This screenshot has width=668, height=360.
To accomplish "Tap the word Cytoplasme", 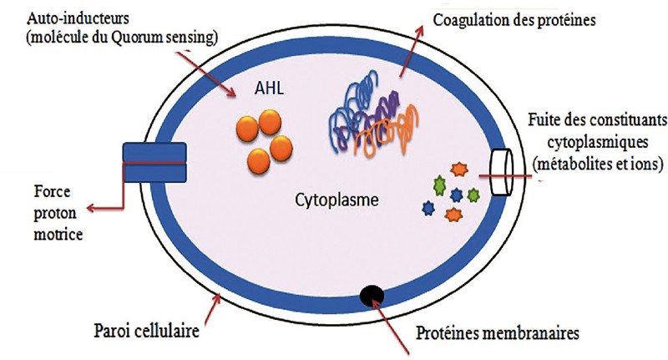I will point(337,200).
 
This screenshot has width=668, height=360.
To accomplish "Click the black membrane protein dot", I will point(371,294).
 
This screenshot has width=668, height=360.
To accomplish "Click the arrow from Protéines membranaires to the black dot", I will point(392,321).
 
